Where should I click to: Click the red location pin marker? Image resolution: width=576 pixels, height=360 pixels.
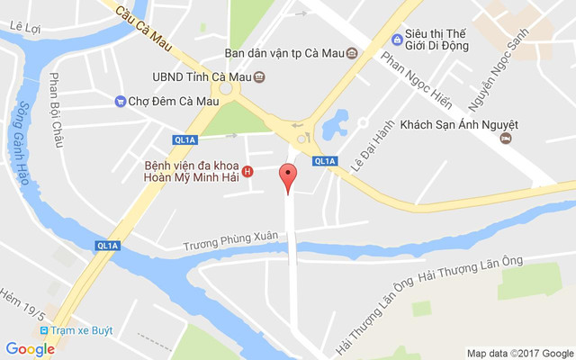coord(288,178)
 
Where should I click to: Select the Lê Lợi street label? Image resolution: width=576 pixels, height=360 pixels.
coord(25,27)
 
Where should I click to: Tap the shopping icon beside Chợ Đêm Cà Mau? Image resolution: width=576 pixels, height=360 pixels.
coord(120,100)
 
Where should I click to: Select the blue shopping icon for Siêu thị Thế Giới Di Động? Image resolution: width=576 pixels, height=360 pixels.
coord(396,39)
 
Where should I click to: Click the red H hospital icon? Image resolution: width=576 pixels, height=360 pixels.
coord(248,172)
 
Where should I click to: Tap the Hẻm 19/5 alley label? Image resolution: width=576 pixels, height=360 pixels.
coord(23,303)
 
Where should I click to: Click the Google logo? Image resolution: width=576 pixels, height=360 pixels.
coord(30,349)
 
